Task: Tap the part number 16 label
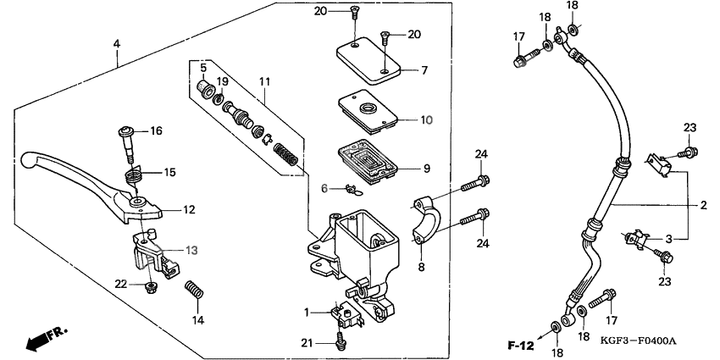[155, 130]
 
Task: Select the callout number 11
[264, 80]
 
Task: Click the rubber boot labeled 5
[203, 86]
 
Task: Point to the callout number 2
[703, 204]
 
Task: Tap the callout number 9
[427, 168]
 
